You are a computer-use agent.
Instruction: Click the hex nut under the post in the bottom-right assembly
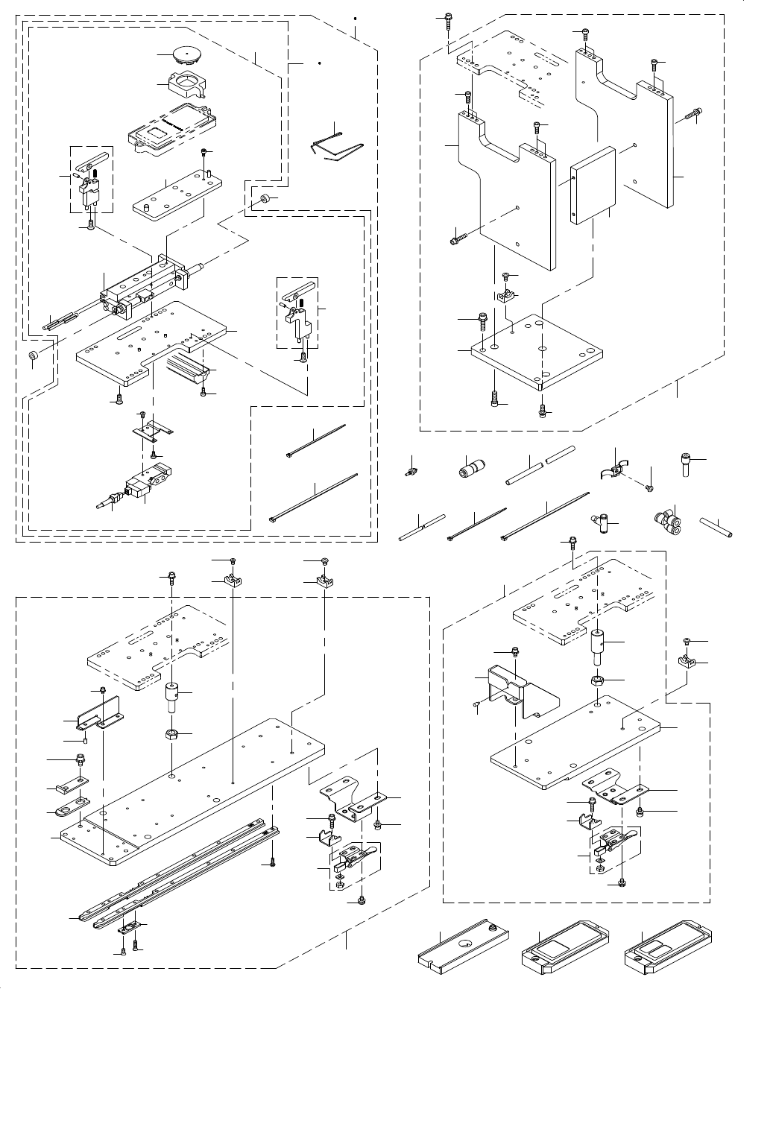tap(599, 680)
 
